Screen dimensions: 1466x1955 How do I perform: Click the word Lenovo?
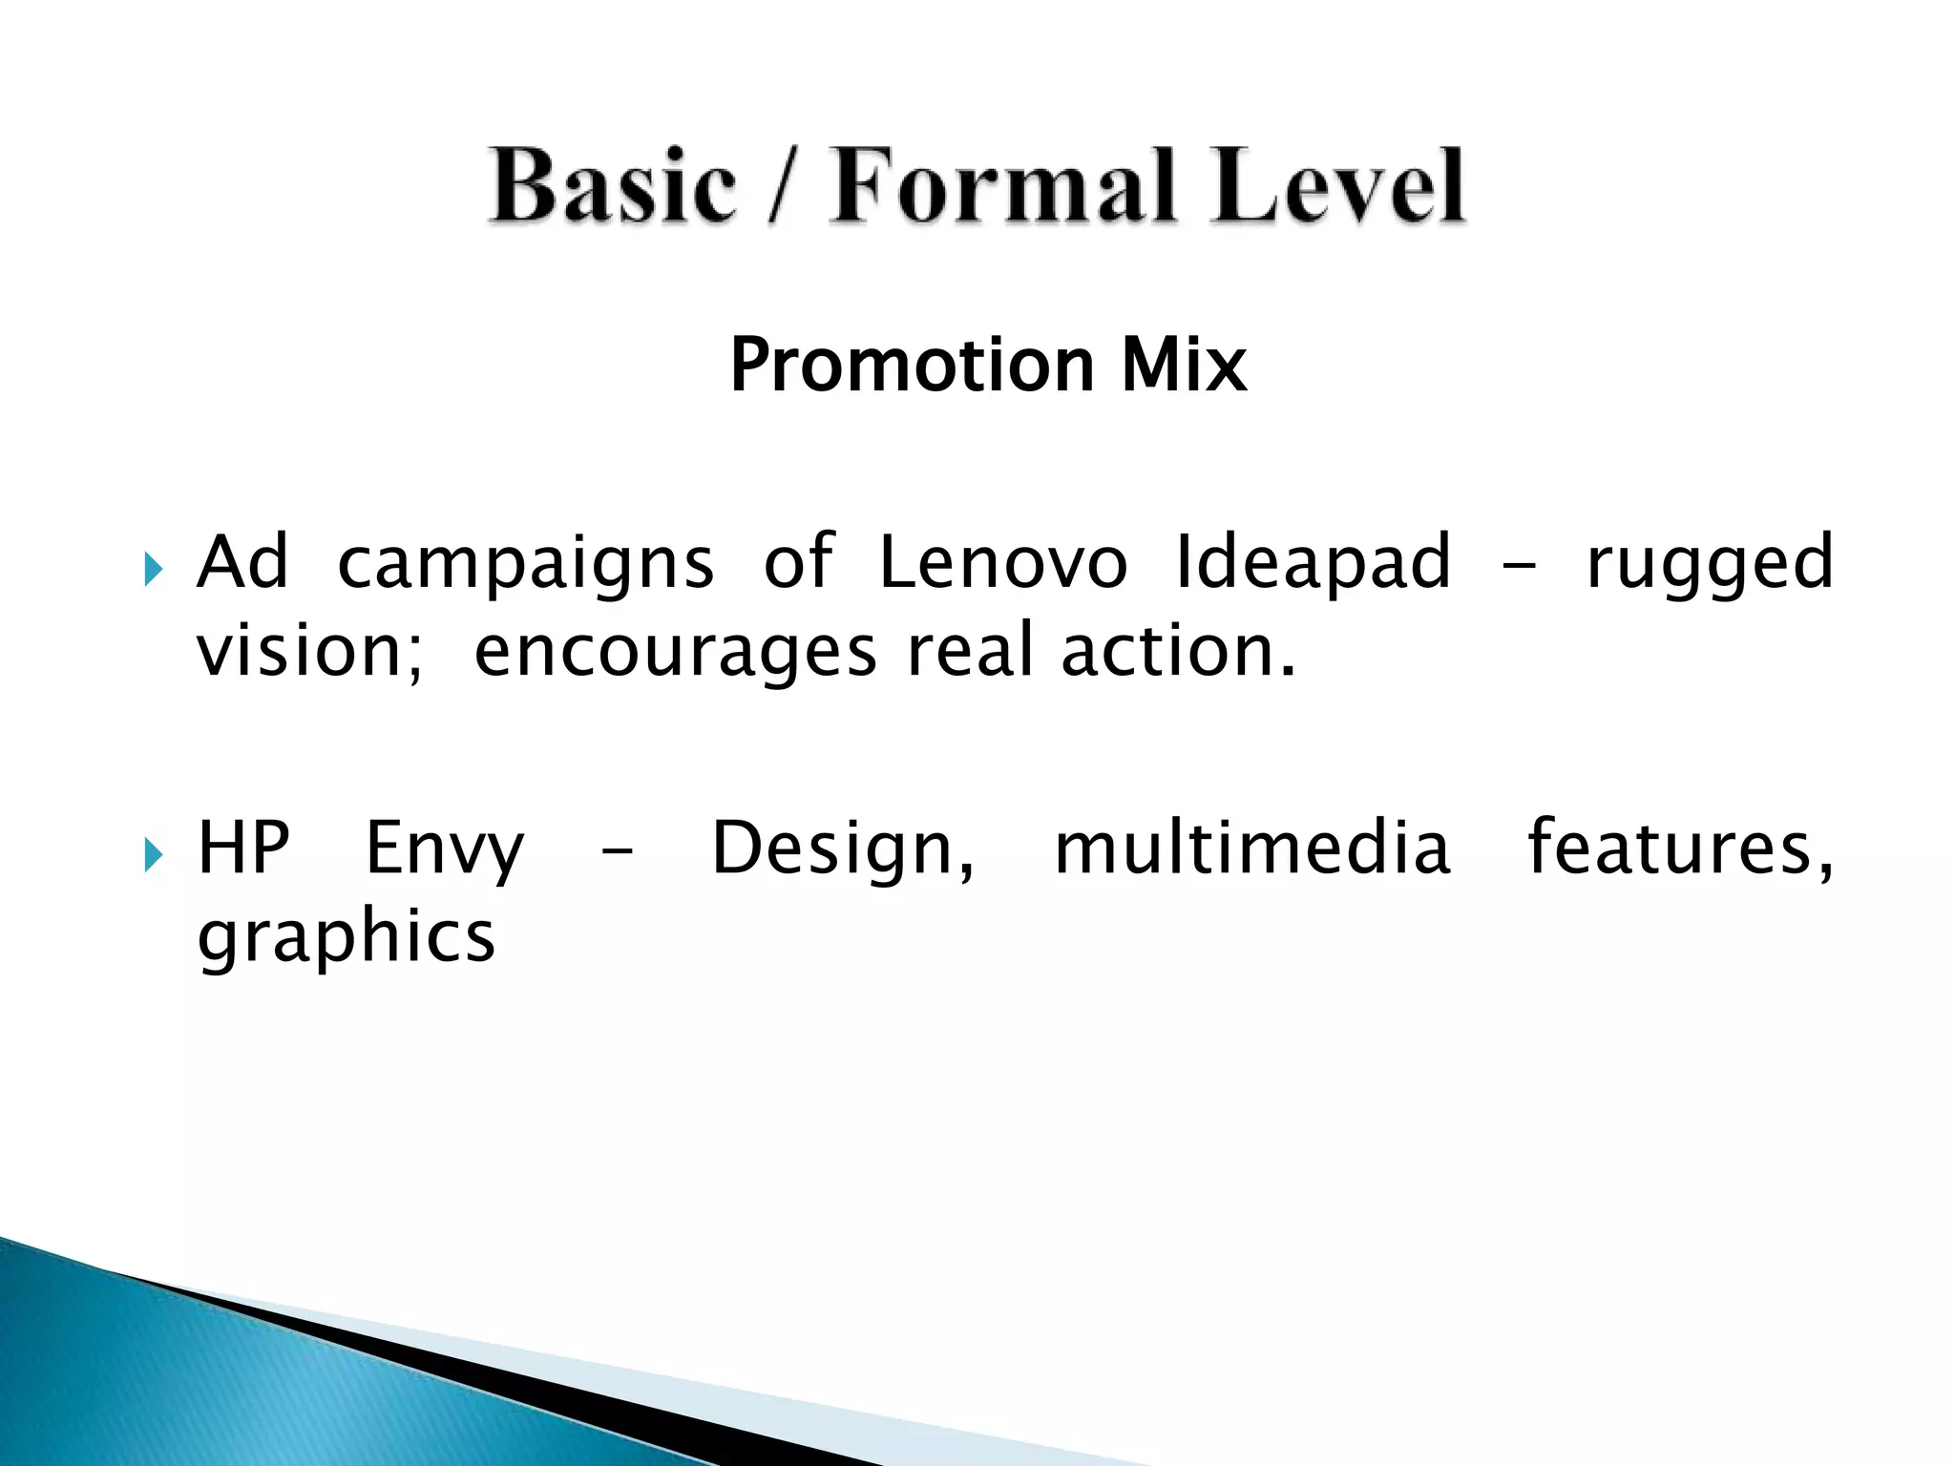coord(1002,562)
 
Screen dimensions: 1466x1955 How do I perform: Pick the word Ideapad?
coord(1314,562)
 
